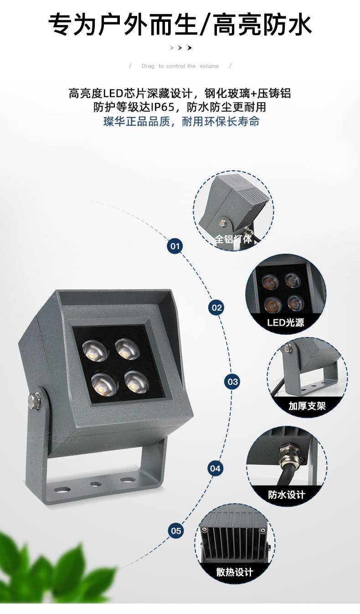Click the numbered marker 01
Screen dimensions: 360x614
click(175, 246)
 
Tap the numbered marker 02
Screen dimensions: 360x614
click(216, 307)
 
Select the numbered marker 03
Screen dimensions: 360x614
click(232, 382)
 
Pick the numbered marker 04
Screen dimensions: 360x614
click(215, 468)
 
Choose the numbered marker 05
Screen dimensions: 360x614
click(176, 531)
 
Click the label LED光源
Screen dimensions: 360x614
click(285, 322)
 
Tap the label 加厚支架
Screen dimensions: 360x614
click(307, 406)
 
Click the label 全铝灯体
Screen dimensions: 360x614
click(233, 239)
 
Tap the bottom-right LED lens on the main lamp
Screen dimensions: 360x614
click(137, 382)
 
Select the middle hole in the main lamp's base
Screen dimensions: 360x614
click(95, 484)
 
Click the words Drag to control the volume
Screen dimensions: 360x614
click(180, 66)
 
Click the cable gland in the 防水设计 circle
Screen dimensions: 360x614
click(286, 455)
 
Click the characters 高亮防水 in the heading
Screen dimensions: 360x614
click(262, 25)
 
